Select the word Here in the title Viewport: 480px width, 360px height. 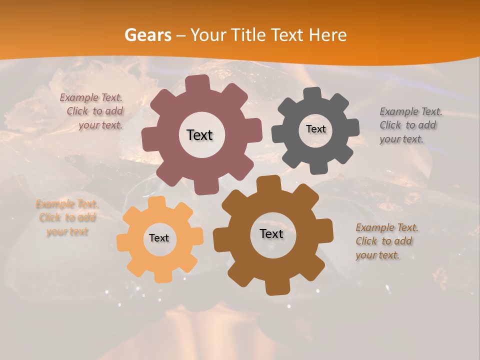point(327,35)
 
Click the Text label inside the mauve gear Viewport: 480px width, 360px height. point(199,135)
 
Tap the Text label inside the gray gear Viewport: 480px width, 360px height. point(315,129)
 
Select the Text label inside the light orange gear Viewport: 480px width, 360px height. point(159,238)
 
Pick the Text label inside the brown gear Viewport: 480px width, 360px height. point(271,234)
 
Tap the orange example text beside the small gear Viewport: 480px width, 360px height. point(67,218)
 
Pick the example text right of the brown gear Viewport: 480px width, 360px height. point(386,241)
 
